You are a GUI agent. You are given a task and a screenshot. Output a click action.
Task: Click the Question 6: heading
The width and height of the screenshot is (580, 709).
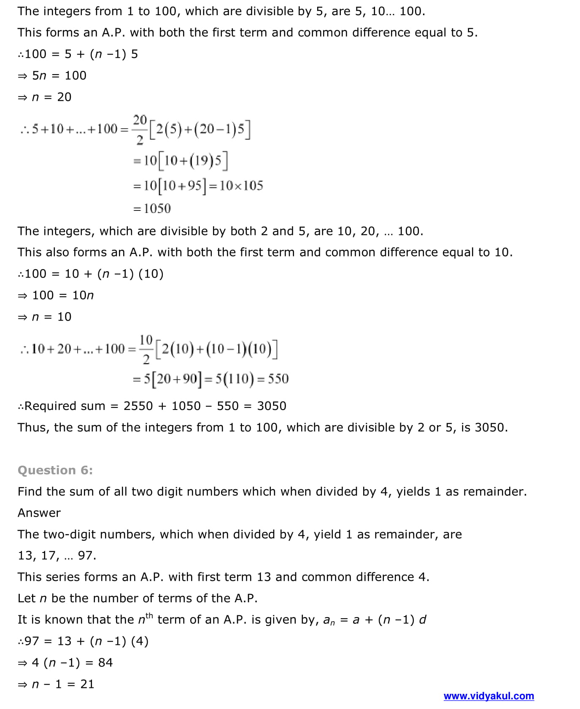55,470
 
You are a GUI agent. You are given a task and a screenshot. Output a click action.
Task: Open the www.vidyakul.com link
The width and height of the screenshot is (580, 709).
488,696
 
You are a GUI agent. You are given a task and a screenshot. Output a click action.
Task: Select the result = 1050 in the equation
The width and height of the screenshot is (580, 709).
152,208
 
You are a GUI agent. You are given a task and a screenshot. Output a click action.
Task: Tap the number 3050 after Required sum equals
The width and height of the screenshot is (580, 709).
272,406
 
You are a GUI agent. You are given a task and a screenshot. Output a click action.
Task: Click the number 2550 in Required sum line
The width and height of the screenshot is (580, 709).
138,406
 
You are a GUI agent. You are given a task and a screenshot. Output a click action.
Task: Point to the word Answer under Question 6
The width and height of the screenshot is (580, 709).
39,513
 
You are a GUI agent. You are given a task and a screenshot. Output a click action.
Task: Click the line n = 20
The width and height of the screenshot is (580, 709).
45,97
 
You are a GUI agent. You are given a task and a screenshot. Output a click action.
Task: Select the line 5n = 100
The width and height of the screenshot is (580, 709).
52,75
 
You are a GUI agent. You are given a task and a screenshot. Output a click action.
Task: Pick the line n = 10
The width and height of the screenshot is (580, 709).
45,317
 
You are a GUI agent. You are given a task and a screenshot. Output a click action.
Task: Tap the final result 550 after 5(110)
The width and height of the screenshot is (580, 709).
278,379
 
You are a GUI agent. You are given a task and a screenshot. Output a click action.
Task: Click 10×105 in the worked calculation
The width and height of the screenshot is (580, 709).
241,186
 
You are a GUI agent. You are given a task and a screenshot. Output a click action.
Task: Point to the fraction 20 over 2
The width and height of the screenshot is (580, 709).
140,129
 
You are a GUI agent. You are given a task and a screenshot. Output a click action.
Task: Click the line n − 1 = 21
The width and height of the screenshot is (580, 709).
56,684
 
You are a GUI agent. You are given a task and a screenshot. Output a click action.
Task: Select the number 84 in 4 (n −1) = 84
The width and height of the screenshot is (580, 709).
105,663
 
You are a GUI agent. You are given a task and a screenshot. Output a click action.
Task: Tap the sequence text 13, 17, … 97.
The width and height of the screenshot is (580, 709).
57,555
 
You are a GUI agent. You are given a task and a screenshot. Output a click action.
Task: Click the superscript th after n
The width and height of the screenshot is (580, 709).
149,616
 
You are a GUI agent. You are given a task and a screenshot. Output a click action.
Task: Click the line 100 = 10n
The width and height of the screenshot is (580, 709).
56,295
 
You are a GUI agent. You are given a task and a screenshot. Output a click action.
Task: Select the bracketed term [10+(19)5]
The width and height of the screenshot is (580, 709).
192,161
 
